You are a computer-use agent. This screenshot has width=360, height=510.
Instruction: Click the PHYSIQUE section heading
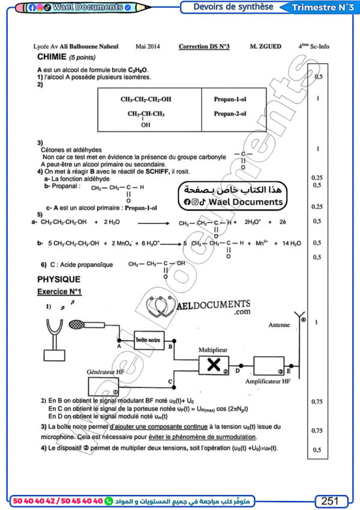tap(59, 279)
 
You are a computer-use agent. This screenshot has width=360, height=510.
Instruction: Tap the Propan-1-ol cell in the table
tap(230, 99)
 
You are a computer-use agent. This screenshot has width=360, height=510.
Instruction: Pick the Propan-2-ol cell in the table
tap(230, 113)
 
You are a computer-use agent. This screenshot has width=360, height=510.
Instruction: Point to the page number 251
tap(330, 500)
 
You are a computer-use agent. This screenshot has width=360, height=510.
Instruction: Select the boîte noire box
tap(148, 340)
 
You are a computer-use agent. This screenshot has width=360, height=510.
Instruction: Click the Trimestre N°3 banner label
tap(322, 7)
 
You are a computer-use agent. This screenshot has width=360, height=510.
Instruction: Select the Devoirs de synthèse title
tap(233, 7)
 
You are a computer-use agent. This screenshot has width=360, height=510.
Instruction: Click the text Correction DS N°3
tap(204, 46)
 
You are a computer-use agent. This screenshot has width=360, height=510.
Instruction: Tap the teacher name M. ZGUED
tap(262, 46)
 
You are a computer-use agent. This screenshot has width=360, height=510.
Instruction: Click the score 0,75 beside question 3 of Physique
tap(318, 430)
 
